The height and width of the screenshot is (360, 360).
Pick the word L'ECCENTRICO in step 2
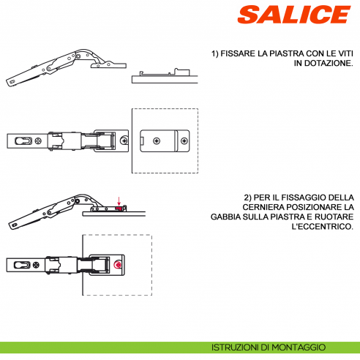[322, 228]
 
